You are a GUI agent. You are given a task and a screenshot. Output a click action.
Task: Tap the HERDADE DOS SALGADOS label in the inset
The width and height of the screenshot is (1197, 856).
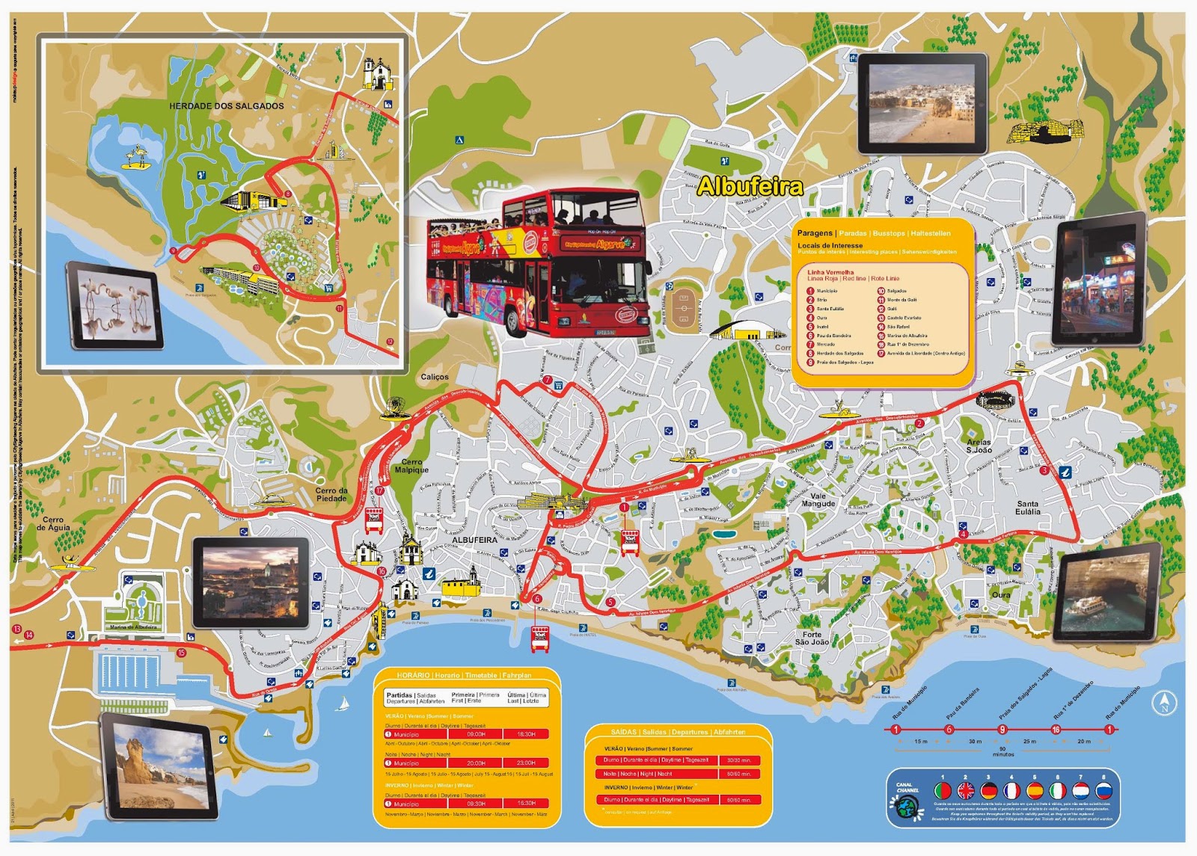pyautogui.click(x=226, y=106)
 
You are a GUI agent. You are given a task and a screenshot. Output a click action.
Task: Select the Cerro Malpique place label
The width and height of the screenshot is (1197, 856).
pyautogui.click(x=411, y=466)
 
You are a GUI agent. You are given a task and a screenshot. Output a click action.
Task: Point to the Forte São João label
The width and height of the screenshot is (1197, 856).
pyautogui.click(x=812, y=638)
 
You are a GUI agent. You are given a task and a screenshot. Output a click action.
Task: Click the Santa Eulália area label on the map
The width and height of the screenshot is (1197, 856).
pyautogui.click(x=1028, y=508)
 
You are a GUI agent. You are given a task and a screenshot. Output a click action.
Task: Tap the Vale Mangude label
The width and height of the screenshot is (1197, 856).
pyautogui.click(x=818, y=499)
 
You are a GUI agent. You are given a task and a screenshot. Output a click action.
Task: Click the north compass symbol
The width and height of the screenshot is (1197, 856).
pyautogui.click(x=1165, y=703)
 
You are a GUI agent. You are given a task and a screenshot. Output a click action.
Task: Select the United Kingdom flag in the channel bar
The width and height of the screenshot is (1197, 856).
pyautogui.click(x=966, y=791)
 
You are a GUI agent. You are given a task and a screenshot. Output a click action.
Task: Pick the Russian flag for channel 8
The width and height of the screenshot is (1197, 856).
pyautogui.click(x=1103, y=791)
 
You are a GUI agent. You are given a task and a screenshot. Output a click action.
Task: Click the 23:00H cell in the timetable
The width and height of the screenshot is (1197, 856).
pyautogui.click(x=525, y=763)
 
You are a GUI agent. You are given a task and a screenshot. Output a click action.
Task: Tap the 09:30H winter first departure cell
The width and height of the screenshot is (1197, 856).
pyautogui.click(x=476, y=803)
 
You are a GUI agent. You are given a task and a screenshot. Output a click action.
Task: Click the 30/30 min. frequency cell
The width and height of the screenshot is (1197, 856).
pyautogui.click(x=738, y=760)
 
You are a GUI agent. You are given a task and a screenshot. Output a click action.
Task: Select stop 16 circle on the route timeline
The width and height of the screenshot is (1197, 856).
pyautogui.click(x=1056, y=730)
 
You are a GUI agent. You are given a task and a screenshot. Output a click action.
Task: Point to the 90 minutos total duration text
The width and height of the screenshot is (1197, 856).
pyautogui.click(x=1002, y=751)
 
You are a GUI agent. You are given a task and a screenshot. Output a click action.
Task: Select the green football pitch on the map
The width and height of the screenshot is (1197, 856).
pyautogui.click(x=681, y=306)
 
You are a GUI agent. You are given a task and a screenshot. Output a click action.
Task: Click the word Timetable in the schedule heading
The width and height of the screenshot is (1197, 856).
pyautogui.click(x=486, y=675)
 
